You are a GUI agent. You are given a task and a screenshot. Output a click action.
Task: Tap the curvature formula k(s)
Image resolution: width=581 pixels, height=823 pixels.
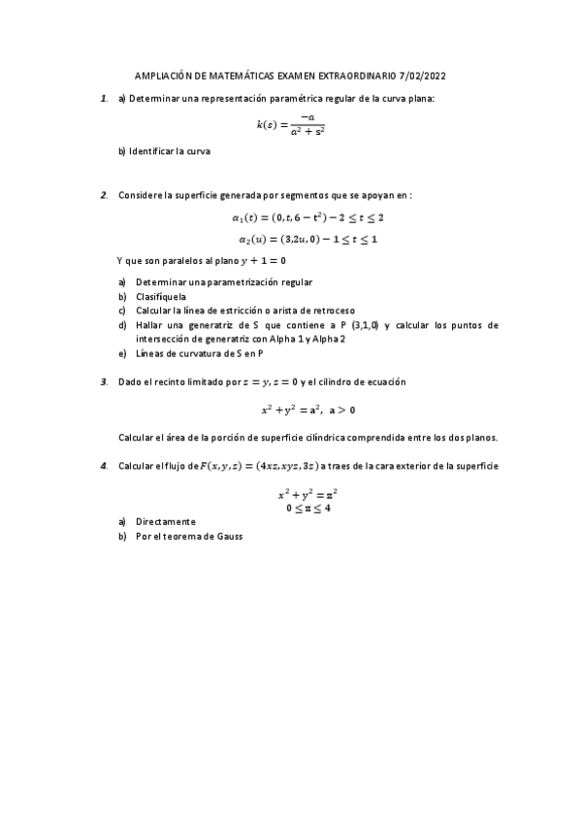[x=290, y=124]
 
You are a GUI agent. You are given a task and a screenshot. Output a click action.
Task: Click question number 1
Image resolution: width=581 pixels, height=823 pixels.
[x=104, y=98]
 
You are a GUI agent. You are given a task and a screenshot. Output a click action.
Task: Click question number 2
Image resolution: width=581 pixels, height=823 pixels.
[x=104, y=194]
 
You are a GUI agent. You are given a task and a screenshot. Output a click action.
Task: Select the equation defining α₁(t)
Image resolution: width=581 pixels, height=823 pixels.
[x=307, y=218]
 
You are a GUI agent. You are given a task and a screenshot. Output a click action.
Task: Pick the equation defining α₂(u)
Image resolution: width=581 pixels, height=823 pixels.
[x=307, y=239]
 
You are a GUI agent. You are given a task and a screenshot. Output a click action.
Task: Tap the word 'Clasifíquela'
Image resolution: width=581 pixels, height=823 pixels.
[x=161, y=296]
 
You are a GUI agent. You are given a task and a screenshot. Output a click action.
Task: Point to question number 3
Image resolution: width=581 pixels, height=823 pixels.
[x=104, y=381]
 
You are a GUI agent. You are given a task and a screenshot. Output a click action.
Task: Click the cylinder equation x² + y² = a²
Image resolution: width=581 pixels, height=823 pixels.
[x=308, y=409]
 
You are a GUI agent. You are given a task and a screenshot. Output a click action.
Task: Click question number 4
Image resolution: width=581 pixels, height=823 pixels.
[x=104, y=466]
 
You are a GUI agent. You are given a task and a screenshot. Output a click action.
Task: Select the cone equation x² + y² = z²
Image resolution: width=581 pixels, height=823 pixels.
[x=307, y=494]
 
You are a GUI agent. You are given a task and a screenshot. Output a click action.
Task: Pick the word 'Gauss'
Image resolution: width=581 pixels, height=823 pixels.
[x=227, y=536]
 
